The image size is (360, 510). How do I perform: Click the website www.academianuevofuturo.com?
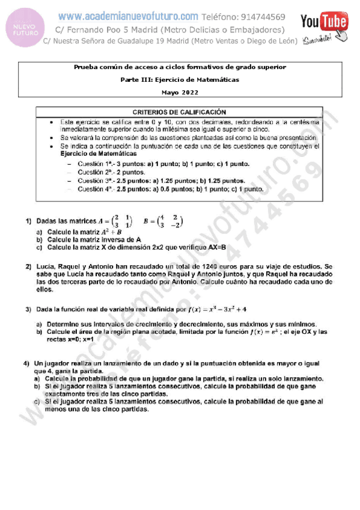tap(129, 17)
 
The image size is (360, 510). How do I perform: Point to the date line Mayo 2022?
tap(180, 92)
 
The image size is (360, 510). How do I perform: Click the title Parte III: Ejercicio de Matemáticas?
tap(180, 79)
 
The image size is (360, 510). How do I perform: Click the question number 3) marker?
tap(28, 310)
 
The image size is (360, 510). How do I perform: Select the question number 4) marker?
tap(27, 364)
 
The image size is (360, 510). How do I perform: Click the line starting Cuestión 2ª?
tap(104, 171)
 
